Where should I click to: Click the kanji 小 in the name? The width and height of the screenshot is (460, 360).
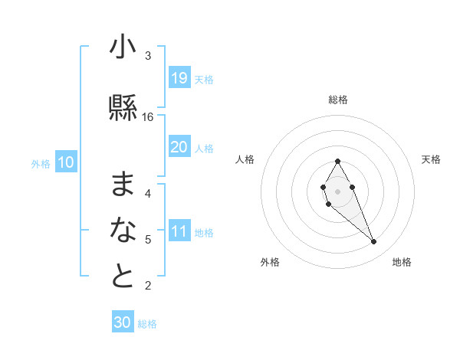(123, 49)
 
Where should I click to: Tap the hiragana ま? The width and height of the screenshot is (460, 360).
(123, 185)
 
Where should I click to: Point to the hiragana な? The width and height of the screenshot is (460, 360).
(123, 231)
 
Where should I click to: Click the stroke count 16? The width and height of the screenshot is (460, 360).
(148, 117)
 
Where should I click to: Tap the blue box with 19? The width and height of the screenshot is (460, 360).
(179, 78)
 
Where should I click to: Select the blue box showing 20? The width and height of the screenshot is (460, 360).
(179, 147)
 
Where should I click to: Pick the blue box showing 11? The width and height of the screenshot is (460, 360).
(179, 231)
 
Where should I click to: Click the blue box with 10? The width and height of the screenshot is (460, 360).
(65, 162)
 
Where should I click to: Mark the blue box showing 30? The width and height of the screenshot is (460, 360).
(123, 322)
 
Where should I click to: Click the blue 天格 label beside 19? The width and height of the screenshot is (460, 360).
(203, 80)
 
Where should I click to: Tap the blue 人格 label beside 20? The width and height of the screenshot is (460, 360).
(203, 149)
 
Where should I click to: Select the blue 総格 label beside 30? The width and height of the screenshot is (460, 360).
(147, 324)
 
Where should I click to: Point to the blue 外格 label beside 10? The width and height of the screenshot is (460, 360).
(40, 163)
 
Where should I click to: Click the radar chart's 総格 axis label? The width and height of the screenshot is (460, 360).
(338, 100)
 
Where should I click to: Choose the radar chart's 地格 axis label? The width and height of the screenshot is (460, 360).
(402, 262)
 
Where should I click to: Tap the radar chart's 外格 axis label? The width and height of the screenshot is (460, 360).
(270, 262)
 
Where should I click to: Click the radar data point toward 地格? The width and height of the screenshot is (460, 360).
(373, 242)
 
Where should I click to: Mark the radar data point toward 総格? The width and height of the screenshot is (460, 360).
(337, 161)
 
